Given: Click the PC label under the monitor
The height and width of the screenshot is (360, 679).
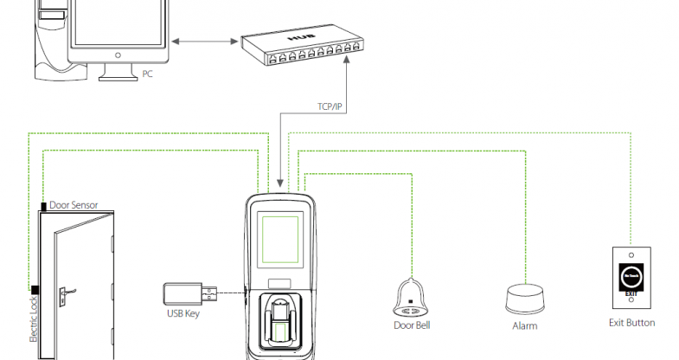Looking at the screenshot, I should [147, 74].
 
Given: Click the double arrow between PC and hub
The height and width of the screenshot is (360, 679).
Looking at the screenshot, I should [204, 40].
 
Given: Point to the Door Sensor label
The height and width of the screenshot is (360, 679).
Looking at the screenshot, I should [74, 205].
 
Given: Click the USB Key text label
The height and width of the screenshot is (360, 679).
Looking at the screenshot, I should [183, 314].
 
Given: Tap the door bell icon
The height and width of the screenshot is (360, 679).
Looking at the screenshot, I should [412, 296].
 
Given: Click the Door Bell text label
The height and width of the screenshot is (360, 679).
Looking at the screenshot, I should [412, 325].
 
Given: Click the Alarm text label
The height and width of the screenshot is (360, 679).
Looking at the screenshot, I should [524, 326].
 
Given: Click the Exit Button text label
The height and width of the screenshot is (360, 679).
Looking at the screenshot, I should [632, 323].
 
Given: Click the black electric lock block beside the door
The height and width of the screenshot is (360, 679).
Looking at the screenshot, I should [35, 289].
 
